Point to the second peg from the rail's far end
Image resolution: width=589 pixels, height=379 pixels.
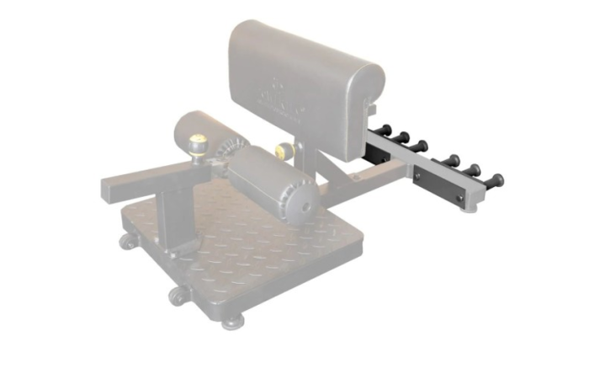[x=474, y=170]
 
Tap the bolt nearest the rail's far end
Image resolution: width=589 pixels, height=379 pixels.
[x=459, y=198]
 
